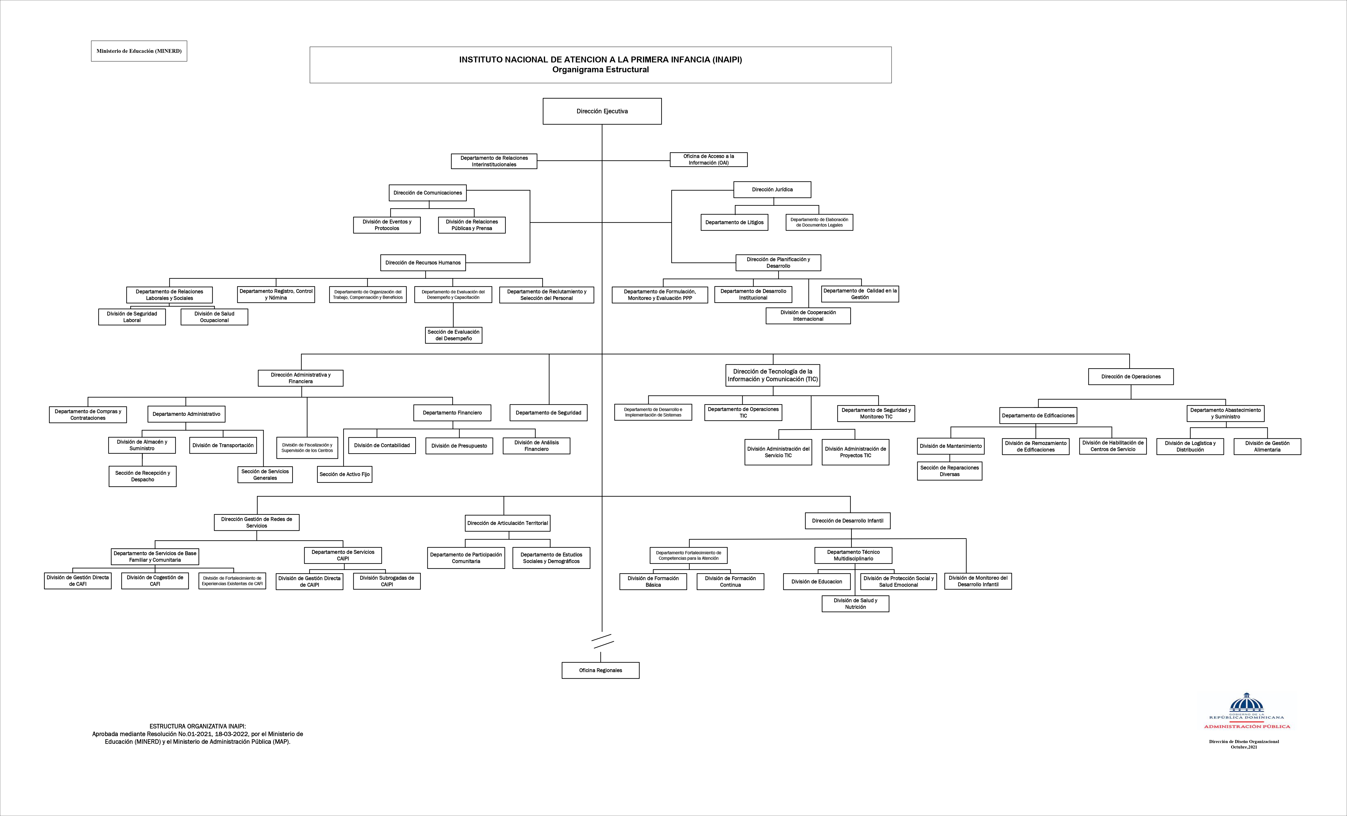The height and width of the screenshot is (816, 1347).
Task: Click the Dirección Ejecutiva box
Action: [602, 111]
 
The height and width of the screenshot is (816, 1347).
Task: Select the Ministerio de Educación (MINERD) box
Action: [139, 51]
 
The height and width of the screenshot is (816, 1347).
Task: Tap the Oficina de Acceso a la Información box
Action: [709, 160]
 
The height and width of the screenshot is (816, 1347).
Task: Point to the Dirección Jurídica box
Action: [772, 189]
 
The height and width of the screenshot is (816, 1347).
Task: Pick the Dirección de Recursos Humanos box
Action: [422, 262]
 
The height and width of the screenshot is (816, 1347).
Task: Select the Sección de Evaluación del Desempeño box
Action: [453, 335]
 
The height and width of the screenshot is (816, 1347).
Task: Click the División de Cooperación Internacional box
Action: [808, 316]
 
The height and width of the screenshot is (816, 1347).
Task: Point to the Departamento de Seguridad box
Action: [548, 412]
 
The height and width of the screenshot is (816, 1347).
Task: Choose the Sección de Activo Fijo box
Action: [344, 474]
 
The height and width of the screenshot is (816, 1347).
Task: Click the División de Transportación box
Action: [223, 445]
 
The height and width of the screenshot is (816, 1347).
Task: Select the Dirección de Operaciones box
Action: [1131, 376]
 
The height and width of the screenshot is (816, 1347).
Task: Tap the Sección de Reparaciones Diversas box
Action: [949, 471]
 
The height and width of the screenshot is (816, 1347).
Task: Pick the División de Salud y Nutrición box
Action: [855, 604]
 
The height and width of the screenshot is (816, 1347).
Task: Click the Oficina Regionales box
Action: [600, 670]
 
